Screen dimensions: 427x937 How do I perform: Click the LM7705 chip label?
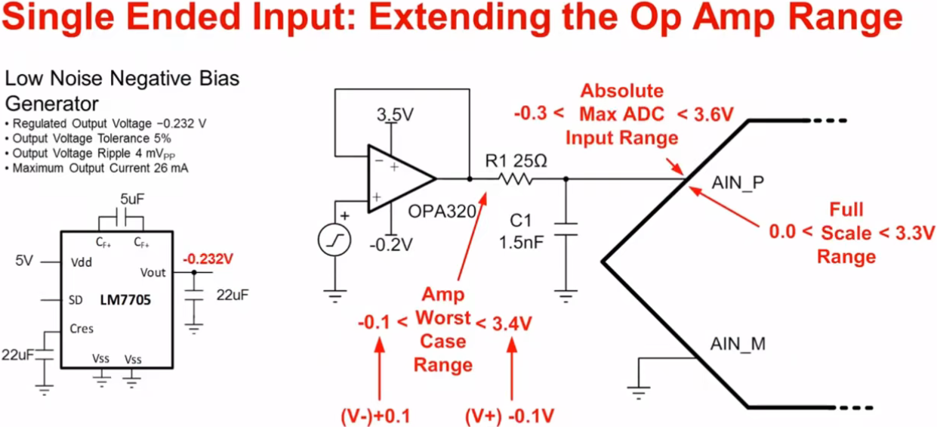(126, 300)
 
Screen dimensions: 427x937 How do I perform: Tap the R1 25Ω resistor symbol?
(516, 180)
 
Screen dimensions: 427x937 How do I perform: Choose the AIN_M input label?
(738, 345)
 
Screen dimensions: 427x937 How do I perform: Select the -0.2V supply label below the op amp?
(391, 245)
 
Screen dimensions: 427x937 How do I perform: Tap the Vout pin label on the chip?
(153, 272)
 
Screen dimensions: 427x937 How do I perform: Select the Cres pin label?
(81, 329)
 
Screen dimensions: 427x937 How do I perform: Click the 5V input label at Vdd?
(24, 261)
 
